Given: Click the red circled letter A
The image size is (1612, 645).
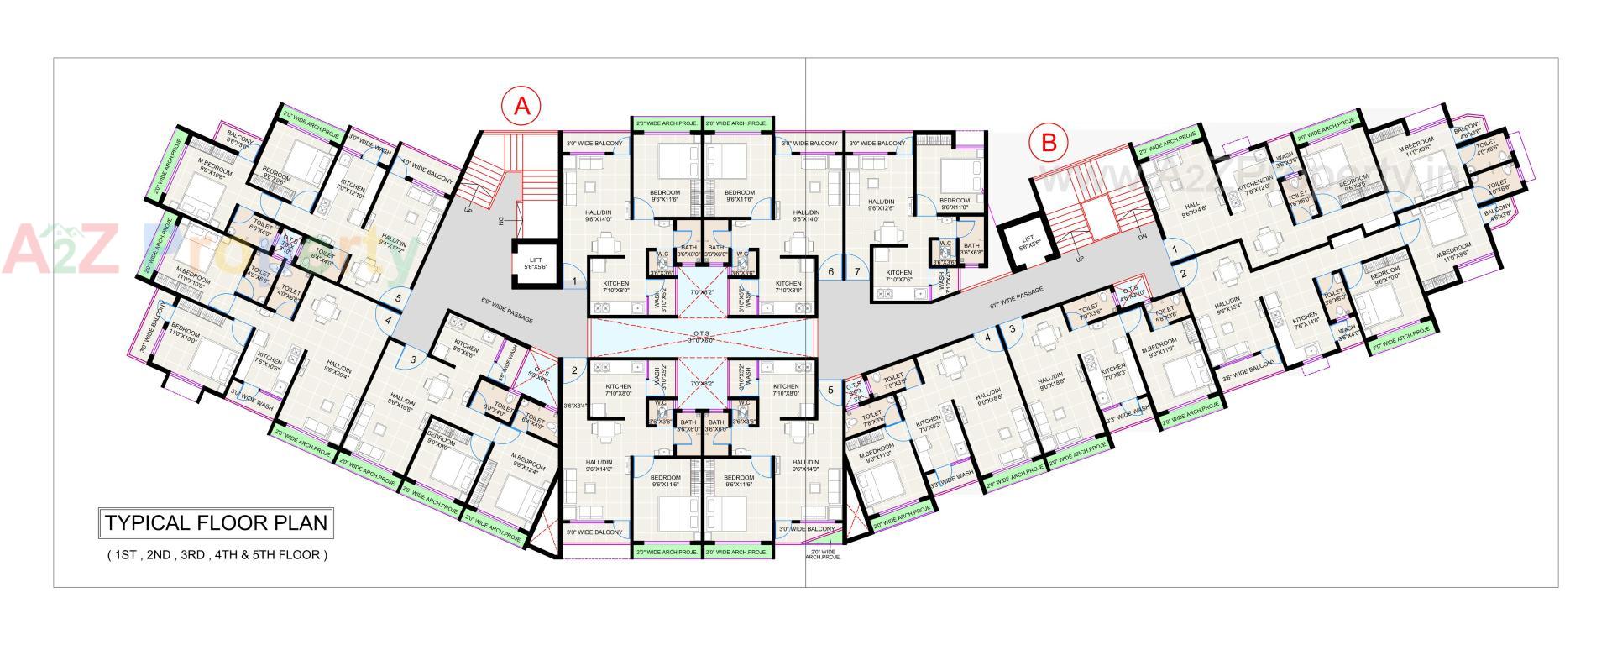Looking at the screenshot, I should (x=521, y=106).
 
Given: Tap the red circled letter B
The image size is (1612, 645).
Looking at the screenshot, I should (x=1049, y=142).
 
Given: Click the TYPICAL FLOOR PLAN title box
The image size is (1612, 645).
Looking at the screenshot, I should (x=215, y=523).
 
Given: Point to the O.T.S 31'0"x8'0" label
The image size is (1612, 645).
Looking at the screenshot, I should (x=700, y=336).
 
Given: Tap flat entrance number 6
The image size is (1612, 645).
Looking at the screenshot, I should (x=830, y=272).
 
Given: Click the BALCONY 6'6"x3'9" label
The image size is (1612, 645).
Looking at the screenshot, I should (x=239, y=143).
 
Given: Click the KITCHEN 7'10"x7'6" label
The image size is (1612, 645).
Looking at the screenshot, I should (x=899, y=276).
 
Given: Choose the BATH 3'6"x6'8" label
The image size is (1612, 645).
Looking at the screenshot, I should (x=971, y=249).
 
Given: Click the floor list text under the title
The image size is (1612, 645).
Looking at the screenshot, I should (x=217, y=555).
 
